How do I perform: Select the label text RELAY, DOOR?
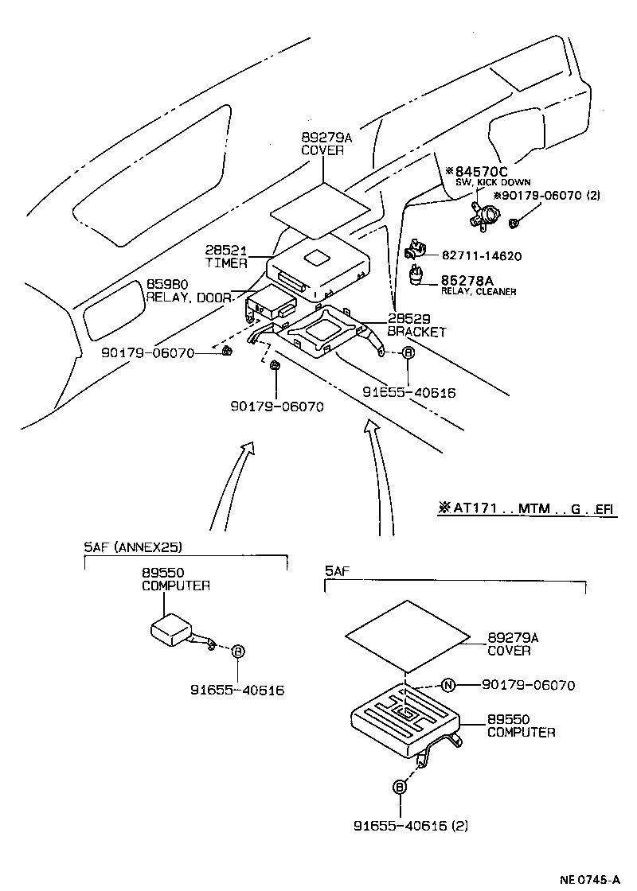coord(188,298)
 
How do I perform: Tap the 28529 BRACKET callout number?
coord(405,320)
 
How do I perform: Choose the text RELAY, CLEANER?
coord(479,292)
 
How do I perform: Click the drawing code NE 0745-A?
coord(589,879)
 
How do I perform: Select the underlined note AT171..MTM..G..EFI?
coord(526,508)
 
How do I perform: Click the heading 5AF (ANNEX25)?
coord(133,547)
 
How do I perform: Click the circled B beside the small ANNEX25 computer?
coord(237,652)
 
